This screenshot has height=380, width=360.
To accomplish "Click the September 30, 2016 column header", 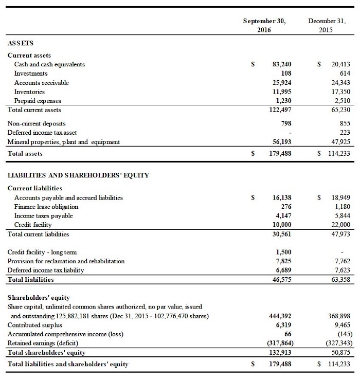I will [264, 25].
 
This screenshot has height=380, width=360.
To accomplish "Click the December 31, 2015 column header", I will [323, 25].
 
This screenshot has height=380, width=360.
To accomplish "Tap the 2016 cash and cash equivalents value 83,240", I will [281, 64].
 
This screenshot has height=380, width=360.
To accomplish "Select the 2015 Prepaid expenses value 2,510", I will [341, 101].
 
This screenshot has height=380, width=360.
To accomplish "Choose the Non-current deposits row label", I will [37, 123].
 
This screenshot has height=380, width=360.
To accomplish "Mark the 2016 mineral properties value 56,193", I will [281, 142].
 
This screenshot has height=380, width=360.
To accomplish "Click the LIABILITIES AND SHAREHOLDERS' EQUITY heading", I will [78, 175].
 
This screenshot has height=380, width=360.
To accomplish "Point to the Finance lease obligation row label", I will [46, 207].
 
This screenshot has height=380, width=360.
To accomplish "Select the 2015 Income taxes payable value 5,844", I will [341, 216].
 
